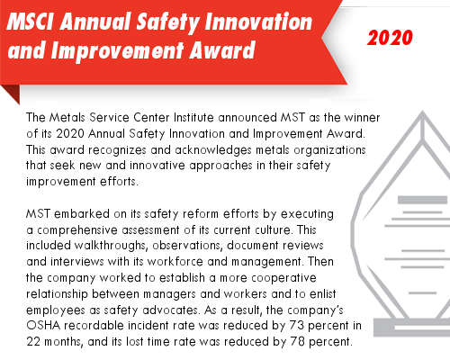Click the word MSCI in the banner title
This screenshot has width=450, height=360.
[x=31, y=22]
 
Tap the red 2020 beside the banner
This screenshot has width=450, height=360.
[x=390, y=38]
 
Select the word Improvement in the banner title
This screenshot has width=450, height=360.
[x=117, y=50]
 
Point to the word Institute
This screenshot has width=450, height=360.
[x=193, y=117]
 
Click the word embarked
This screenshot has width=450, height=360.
[x=82, y=214]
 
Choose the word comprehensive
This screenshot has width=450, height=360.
[x=77, y=230]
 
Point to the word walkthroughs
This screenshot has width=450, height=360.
[x=110, y=246]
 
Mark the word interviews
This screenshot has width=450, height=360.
[x=77, y=262]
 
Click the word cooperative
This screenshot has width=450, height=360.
[x=283, y=278]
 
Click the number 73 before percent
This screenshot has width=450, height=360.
[x=297, y=326]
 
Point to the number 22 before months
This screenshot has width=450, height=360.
[x=33, y=342]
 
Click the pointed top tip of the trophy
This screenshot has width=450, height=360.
[x=423, y=112]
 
